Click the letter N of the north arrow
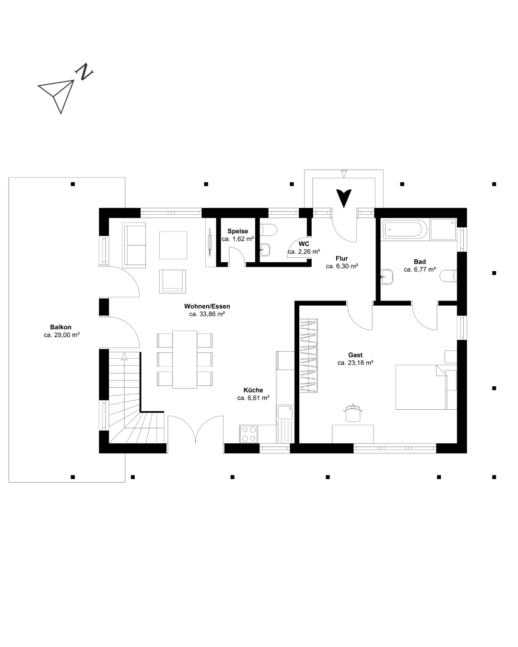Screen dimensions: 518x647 pos(84,71)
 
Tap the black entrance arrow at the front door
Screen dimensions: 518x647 pos(343,198)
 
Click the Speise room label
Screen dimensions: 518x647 pos(237,231)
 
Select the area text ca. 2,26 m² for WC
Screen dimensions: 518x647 pos(304,252)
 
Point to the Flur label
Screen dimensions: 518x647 pos(341,258)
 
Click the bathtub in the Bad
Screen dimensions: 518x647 pos(404,229)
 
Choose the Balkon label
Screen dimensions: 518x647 pos(61,327)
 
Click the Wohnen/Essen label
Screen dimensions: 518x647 pos(207,306)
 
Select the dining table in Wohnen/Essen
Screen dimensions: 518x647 pos(185,359)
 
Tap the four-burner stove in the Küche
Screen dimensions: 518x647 pos(248,434)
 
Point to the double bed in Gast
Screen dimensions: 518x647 pos(420,387)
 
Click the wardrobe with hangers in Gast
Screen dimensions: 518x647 pos(308,355)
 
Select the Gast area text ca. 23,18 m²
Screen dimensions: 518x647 pos(355,363)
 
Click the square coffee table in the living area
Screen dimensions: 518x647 pos(173,245)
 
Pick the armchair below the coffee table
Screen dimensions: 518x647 pos(173,281)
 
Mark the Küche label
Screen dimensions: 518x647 pos(253,390)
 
